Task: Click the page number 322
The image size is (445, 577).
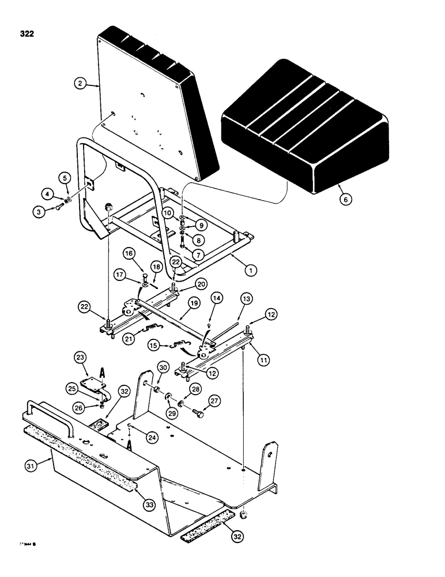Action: point(26,33)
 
